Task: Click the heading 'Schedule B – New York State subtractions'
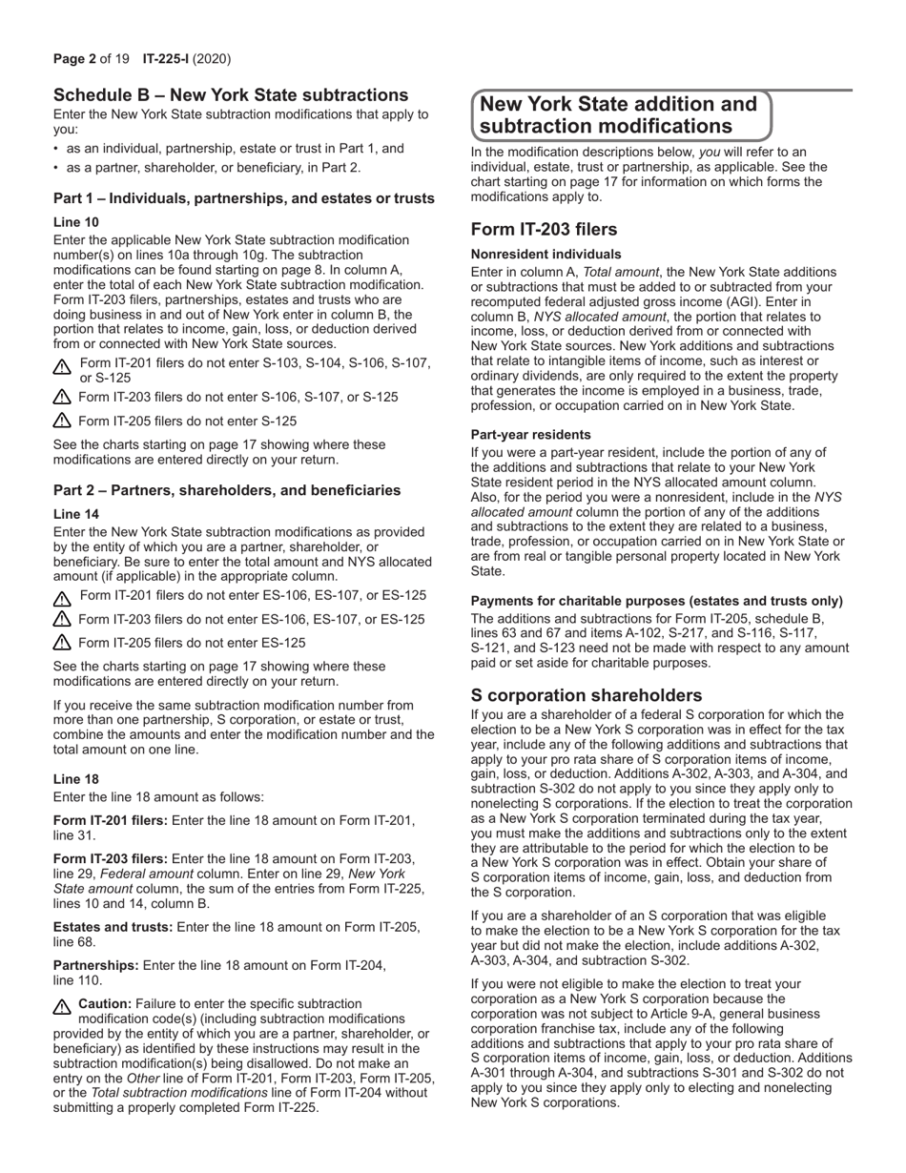(231, 95)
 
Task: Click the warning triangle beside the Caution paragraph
(63, 1006)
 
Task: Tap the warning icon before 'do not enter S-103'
(63, 366)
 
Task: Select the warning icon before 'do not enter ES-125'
(63, 644)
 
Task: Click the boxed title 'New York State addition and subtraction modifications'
(620, 115)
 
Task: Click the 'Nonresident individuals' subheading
(546, 255)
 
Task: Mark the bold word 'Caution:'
(105, 1003)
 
